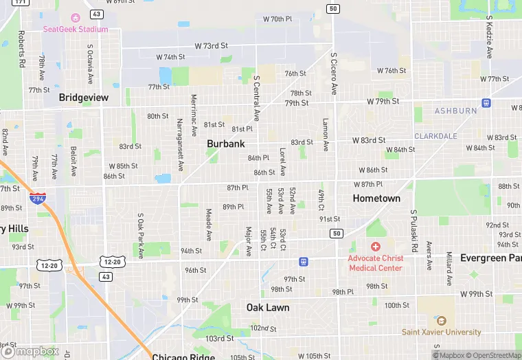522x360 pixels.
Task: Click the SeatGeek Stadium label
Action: tap(75, 29)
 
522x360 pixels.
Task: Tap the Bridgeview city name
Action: tap(84, 98)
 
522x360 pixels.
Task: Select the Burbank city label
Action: tap(226, 144)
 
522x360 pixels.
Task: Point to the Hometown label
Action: tap(376, 198)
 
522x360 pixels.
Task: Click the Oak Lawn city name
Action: tap(268, 307)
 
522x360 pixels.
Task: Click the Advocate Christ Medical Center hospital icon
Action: tap(375, 247)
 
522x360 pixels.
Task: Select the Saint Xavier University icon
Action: tap(441, 321)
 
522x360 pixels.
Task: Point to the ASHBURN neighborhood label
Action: tap(455, 111)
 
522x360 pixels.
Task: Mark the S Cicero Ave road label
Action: tap(334, 74)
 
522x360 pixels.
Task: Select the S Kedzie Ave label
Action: tap(489, 37)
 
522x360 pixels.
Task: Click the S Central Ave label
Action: tap(256, 99)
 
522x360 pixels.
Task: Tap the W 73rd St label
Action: tap(211, 45)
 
